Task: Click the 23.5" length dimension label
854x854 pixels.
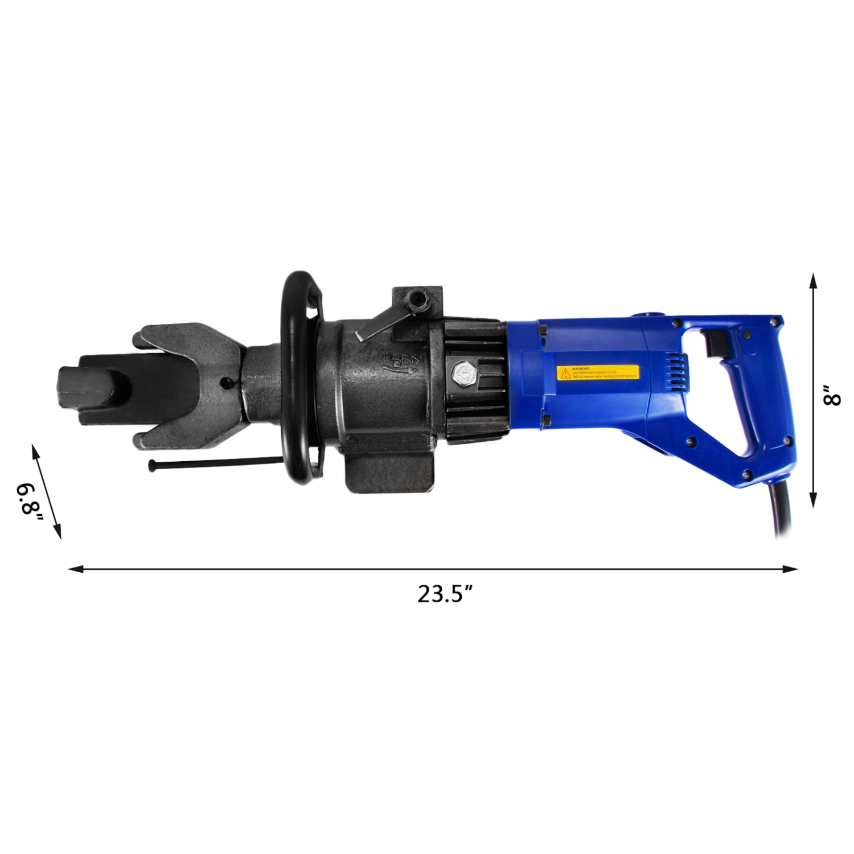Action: click(445, 594)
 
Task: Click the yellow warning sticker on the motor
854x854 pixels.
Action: click(597, 373)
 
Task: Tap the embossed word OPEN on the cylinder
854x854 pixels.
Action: click(402, 360)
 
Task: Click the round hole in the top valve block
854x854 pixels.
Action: click(420, 298)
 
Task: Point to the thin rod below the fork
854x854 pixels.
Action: click(216, 462)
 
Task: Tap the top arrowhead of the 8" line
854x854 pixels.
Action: click(814, 281)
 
